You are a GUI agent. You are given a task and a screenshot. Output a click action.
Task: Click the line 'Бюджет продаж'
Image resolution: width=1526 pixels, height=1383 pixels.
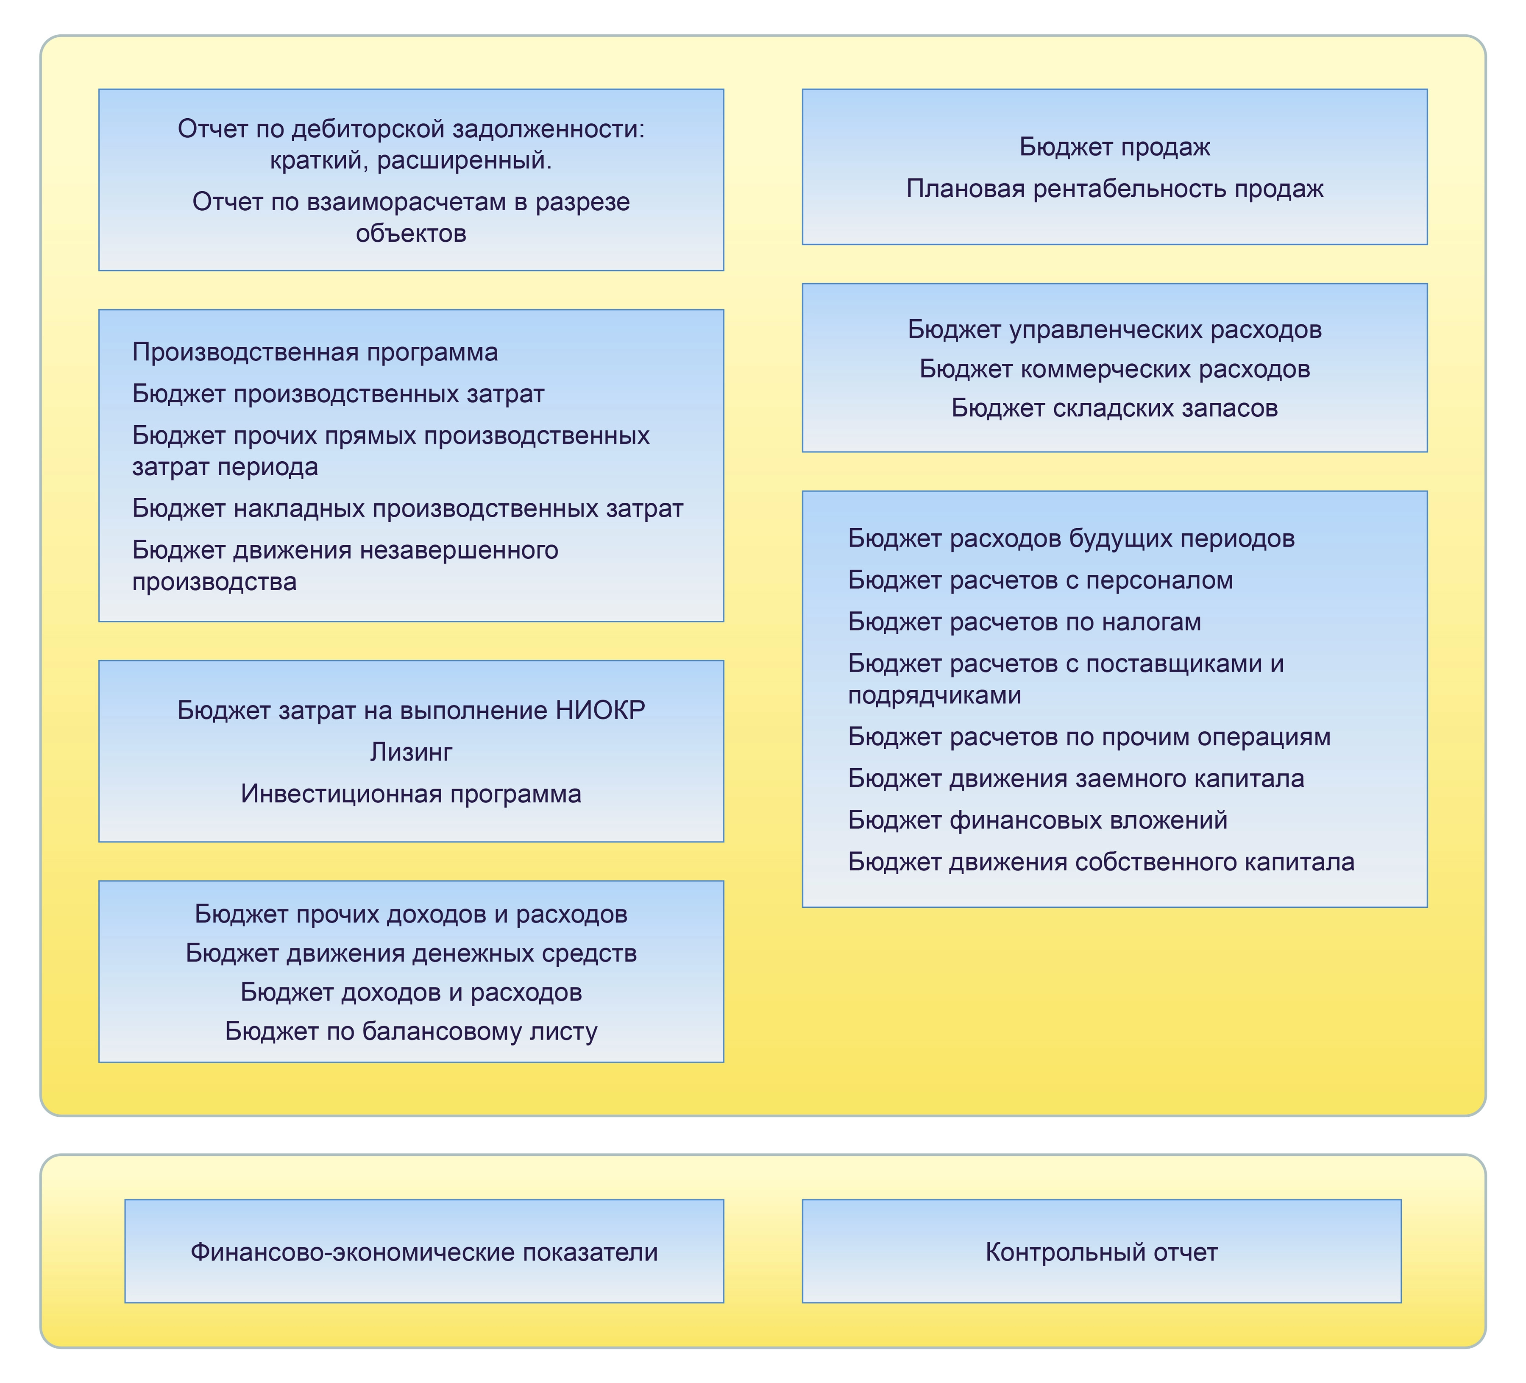click(1114, 147)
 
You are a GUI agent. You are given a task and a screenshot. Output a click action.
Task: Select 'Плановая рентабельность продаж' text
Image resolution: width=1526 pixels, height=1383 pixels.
click(1114, 189)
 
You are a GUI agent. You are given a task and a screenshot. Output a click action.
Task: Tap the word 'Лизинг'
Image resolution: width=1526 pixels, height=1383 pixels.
click(411, 752)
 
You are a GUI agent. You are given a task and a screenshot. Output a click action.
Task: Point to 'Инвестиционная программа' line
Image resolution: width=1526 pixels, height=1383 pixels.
click(411, 793)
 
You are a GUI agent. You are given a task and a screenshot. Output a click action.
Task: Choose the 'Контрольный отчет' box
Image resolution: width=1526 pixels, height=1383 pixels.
click(1101, 1252)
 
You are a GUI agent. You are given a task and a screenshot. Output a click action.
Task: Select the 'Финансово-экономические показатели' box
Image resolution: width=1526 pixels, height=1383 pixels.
click(424, 1252)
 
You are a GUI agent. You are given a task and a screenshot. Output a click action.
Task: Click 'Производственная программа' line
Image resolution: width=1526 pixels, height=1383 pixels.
click(315, 352)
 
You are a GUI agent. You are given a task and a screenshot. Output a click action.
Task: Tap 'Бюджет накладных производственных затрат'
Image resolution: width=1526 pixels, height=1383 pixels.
click(407, 508)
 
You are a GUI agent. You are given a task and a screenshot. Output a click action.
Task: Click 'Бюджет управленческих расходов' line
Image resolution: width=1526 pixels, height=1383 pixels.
click(1114, 329)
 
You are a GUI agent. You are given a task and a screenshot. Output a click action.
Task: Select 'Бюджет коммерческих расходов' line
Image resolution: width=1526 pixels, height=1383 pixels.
click(1114, 369)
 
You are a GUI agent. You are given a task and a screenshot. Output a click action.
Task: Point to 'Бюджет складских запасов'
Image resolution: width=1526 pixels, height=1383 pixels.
click(1114, 408)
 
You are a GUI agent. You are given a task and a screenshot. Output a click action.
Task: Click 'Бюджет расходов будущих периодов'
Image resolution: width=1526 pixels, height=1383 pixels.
click(1071, 538)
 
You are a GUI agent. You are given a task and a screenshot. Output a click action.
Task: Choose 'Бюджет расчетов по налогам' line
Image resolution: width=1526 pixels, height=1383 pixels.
click(1024, 622)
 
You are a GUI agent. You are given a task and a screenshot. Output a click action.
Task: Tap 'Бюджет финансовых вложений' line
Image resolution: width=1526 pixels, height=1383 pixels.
click(1037, 820)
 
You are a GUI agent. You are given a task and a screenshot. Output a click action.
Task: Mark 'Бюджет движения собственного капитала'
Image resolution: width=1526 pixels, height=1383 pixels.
click(1100, 862)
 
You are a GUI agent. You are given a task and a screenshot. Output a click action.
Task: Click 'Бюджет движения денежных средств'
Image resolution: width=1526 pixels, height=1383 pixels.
click(411, 953)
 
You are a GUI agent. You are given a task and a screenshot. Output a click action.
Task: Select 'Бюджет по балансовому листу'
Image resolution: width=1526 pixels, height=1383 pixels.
click(411, 1031)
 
